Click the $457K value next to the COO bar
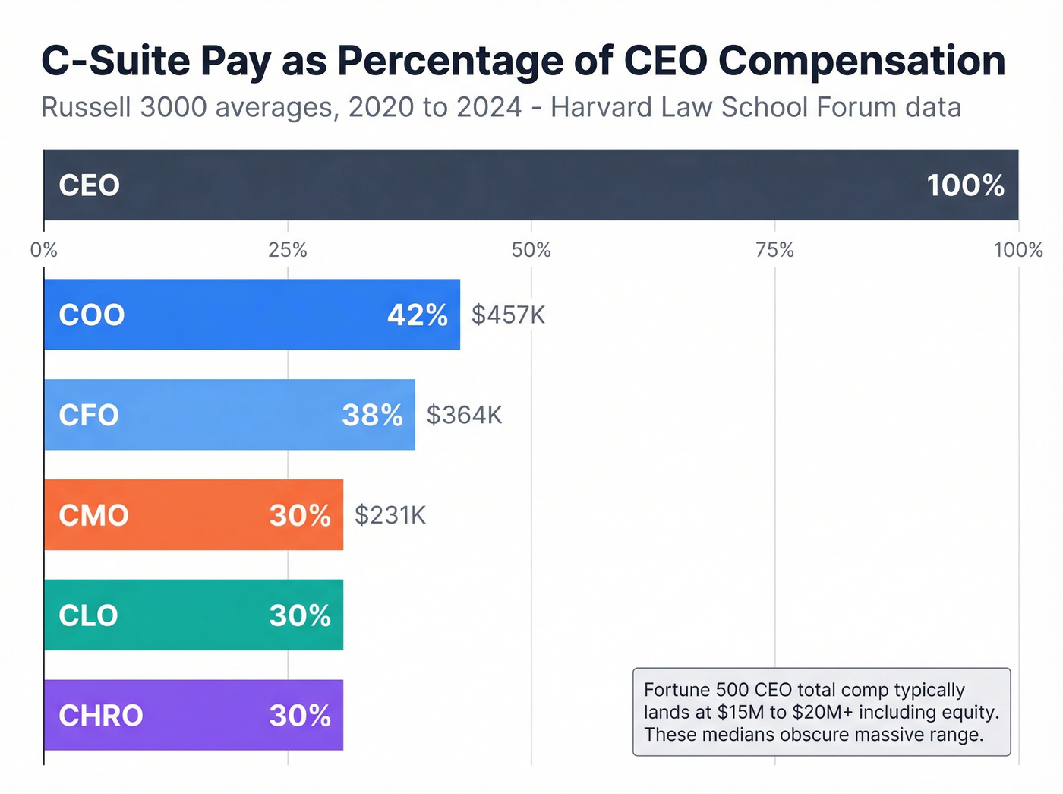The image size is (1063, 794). click(x=508, y=315)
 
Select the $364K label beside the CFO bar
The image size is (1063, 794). click(x=464, y=415)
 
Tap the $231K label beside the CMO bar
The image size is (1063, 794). click(x=390, y=515)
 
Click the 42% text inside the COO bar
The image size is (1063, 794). click(x=417, y=315)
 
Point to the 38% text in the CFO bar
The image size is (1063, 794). click(x=372, y=415)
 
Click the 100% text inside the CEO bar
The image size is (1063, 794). click(x=965, y=185)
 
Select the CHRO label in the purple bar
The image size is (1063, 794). click(x=101, y=716)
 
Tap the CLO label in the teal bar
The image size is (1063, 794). click(x=89, y=615)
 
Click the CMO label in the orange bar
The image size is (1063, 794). click(x=93, y=515)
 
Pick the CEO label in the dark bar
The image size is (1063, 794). click(x=90, y=185)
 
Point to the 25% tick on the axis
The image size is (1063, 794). click(x=288, y=250)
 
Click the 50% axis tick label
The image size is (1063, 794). click(x=531, y=250)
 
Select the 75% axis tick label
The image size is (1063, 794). click(x=774, y=250)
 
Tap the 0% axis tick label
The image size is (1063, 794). click(x=44, y=250)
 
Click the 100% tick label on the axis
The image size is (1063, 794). click(x=1017, y=250)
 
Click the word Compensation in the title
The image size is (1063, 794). click(x=862, y=61)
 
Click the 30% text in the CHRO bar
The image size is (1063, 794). click(x=300, y=716)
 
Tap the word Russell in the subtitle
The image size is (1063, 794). click(x=87, y=107)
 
